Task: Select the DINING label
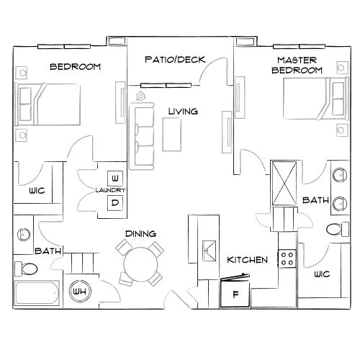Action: [x=141, y=233]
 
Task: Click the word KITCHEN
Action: [x=248, y=259]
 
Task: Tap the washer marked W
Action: [x=114, y=177]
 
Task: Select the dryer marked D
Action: [x=114, y=202]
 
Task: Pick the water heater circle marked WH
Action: [x=78, y=292]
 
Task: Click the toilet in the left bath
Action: [x=27, y=268]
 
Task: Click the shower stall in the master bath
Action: [x=284, y=182]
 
